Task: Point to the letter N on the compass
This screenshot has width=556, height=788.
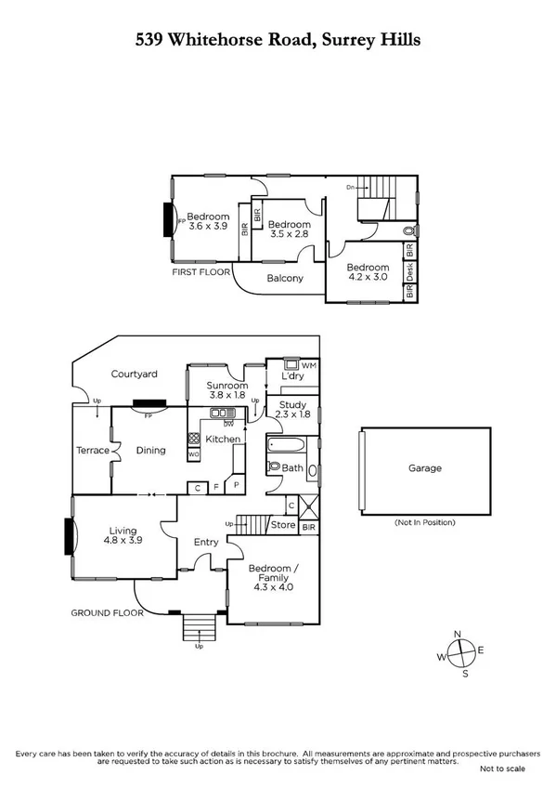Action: click(456, 635)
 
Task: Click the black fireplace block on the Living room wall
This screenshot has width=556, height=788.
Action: click(69, 536)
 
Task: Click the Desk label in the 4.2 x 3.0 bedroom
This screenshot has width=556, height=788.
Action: click(410, 270)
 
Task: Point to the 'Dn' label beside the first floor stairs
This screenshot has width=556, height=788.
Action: click(351, 188)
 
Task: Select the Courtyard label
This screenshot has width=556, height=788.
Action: click(135, 374)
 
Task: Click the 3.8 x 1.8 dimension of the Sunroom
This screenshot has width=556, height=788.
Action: click(226, 395)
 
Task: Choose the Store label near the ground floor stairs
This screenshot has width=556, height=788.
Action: click(282, 525)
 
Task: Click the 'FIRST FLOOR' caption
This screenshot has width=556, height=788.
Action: click(200, 274)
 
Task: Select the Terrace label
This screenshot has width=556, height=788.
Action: click(93, 451)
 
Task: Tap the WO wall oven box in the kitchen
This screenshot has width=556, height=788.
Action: click(193, 454)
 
